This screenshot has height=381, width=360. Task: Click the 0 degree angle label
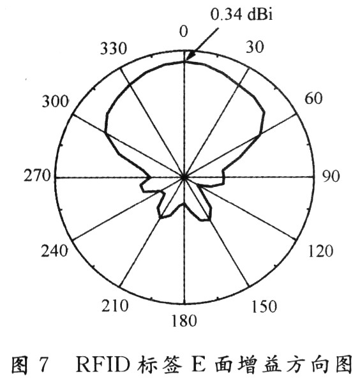click(184, 31)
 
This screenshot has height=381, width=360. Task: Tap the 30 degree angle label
click(255, 47)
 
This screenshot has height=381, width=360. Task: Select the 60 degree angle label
click(313, 98)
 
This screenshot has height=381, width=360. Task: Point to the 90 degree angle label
click(331, 176)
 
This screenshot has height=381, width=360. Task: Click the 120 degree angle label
click(320, 251)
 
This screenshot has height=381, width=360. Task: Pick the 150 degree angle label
click(264, 306)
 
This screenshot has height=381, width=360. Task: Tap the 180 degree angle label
click(184, 320)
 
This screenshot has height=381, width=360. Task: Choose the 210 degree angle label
click(115, 306)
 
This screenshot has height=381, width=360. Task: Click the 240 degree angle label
click(54, 251)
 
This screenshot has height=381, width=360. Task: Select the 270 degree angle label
click(37, 176)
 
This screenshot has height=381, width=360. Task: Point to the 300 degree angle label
click(56, 101)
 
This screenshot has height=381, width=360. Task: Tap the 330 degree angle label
click(114, 48)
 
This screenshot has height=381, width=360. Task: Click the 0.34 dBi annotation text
click(241, 14)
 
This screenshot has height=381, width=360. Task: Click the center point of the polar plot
click(184, 177)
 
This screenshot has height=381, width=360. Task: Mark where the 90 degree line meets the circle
click(313, 177)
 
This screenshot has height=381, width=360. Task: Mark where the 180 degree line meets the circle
click(184, 304)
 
